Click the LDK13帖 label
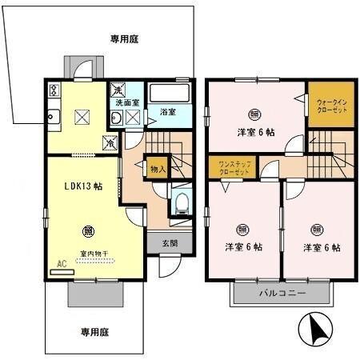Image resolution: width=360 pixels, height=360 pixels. click(x=83, y=186)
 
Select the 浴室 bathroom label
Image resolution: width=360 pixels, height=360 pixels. click(x=167, y=112)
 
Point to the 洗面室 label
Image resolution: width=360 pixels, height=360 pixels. click(x=126, y=103)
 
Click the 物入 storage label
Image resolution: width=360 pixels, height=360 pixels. click(x=157, y=169)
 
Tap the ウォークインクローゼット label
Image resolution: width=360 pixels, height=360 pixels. click(x=331, y=107)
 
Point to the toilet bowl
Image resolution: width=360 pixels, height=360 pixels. click(x=182, y=202)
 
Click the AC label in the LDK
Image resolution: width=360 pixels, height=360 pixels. click(x=61, y=262)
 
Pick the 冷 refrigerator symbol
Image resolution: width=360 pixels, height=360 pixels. click(x=109, y=144)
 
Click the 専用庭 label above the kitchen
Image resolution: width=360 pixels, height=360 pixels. click(x=125, y=37)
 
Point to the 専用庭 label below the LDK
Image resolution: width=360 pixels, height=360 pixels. click(x=94, y=331)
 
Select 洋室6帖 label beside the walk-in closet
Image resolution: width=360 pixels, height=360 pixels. click(x=254, y=132)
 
